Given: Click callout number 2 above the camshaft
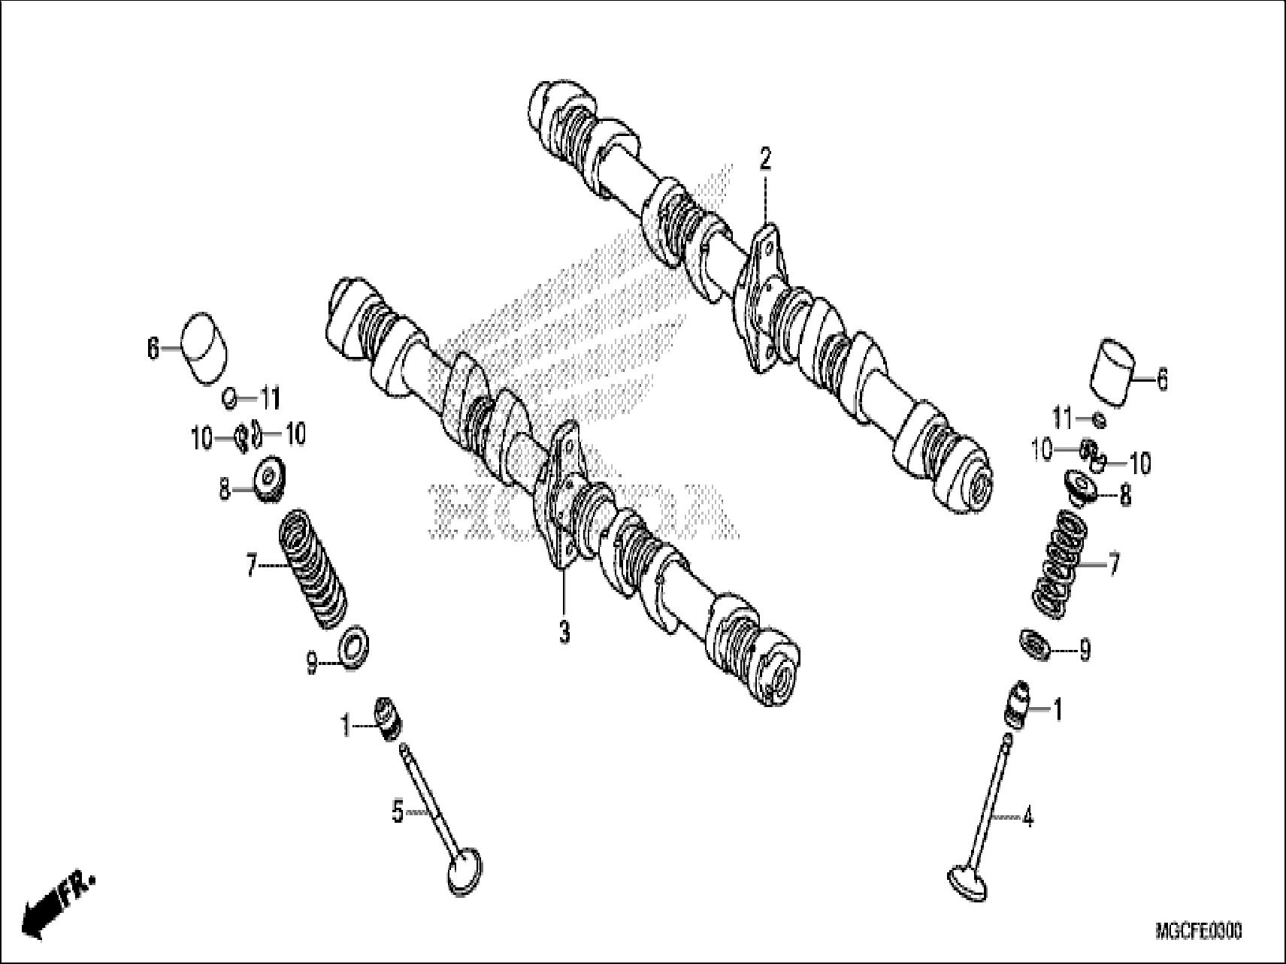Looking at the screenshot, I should click(764, 159).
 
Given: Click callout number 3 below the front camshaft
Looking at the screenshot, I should click(564, 632).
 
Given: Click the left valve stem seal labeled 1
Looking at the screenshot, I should click(389, 718).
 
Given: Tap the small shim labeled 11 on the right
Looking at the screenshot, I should click(1098, 419).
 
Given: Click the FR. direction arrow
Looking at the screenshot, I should click(53, 905).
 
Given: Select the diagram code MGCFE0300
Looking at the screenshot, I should click(1198, 932).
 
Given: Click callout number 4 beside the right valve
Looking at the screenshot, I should click(1027, 817).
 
